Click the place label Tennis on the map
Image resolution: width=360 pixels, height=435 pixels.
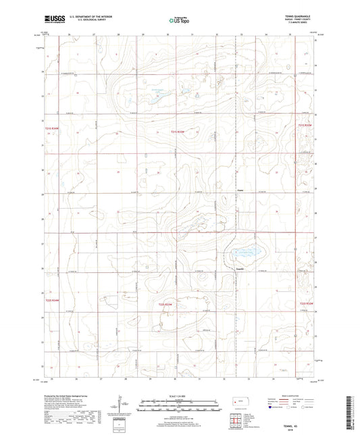click(x=238, y=268)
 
